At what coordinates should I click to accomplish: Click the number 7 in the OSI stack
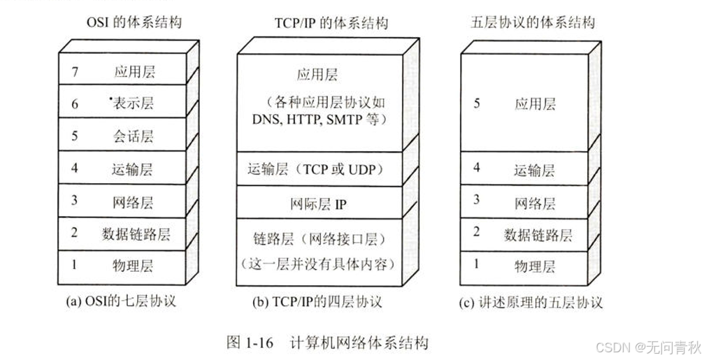pyautogui.click(x=75, y=71)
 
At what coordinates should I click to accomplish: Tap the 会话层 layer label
pyautogui.click(x=132, y=136)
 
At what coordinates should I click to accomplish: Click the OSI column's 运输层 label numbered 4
pyautogui.click(x=132, y=169)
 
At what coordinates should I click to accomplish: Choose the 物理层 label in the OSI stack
pyautogui.click(x=132, y=266)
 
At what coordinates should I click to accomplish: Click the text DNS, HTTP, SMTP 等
pyautogui.click(x=319, y=120)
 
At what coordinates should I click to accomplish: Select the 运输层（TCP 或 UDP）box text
pyautogui.click(x=319, y=168)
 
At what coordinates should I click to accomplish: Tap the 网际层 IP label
pyautogui.click(x=319, y=204)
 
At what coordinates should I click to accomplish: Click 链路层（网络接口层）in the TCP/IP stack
pyautogui.click(x=319, y=240)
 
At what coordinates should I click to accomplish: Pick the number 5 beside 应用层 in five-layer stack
pyautogui.click(x=477, y=103)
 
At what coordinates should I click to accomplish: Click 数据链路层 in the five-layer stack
pyautogui.click(x=538, y=235)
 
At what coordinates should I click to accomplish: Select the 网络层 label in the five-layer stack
pyautogui.click(x=535, y=203)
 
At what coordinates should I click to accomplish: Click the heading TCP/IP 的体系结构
pyautogui.click(x=320, y=23)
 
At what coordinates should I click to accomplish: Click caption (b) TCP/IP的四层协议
pyautogui.click(x=317, y=303)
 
